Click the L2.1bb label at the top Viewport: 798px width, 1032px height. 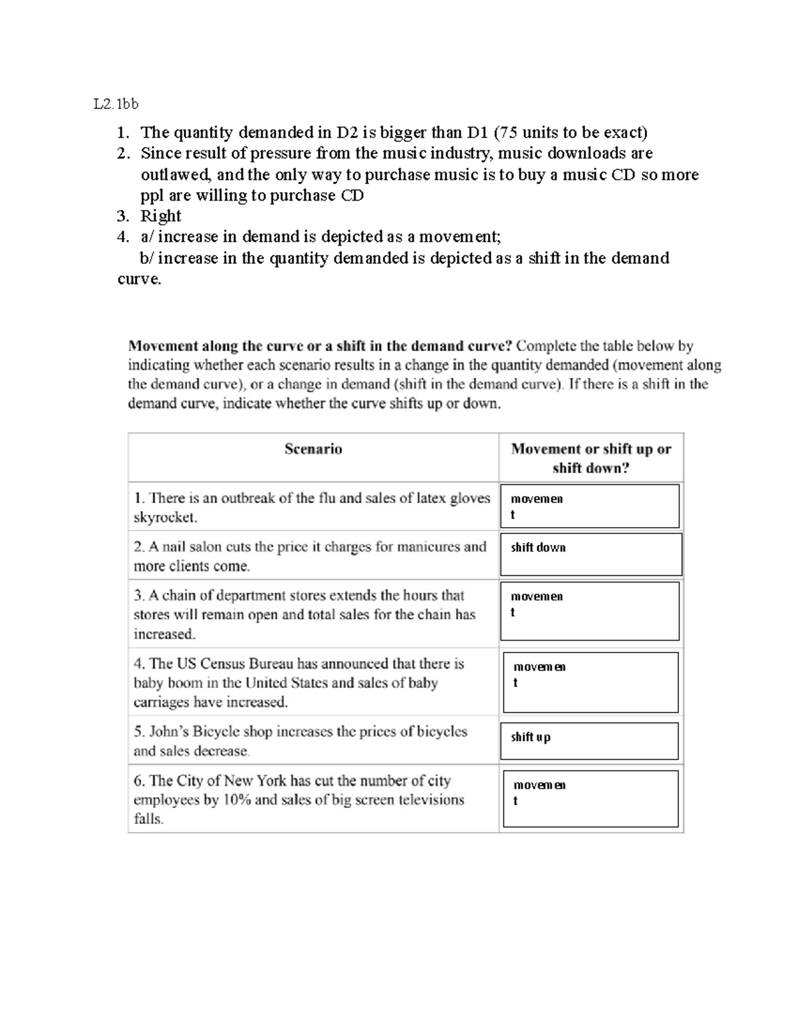[x=116, y=104]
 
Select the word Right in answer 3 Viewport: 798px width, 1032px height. [x=160, y=216]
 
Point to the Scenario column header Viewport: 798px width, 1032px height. [x=313, y=449]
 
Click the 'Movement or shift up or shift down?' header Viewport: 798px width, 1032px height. [x=591, y=458]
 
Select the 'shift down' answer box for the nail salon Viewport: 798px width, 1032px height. [x=591, y=554]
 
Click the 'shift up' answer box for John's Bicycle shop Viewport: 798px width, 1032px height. [x=589, y=741]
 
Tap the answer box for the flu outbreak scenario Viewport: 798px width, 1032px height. [x=590, y=506]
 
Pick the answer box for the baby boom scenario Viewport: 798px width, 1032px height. [x=590, y=682]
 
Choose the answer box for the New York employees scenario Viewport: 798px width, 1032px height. [x=590, y=798]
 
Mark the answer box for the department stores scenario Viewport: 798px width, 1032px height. [x=590, y=611]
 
